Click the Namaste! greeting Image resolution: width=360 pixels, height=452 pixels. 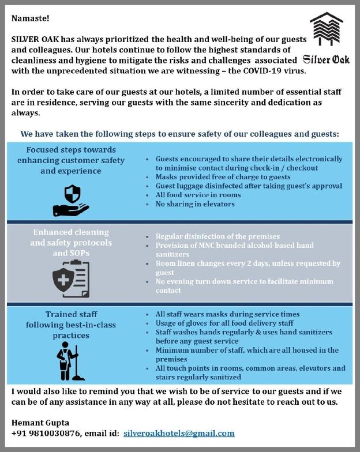click(x=31, y=18)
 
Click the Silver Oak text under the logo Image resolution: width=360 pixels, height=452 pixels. click(x=326, y=59)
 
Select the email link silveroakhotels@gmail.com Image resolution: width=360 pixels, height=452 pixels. click(x=179, y=434)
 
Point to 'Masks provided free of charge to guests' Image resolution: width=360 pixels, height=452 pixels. click(x=223, y=177)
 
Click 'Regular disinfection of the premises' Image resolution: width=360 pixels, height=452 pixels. click(x=217, y=236)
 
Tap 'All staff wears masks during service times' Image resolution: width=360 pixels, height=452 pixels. click(x=227, y=314)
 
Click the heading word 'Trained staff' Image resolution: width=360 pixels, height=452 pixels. click(x=70, y=314)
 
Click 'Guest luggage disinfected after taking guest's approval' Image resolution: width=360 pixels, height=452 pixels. click(x=249, y=186)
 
